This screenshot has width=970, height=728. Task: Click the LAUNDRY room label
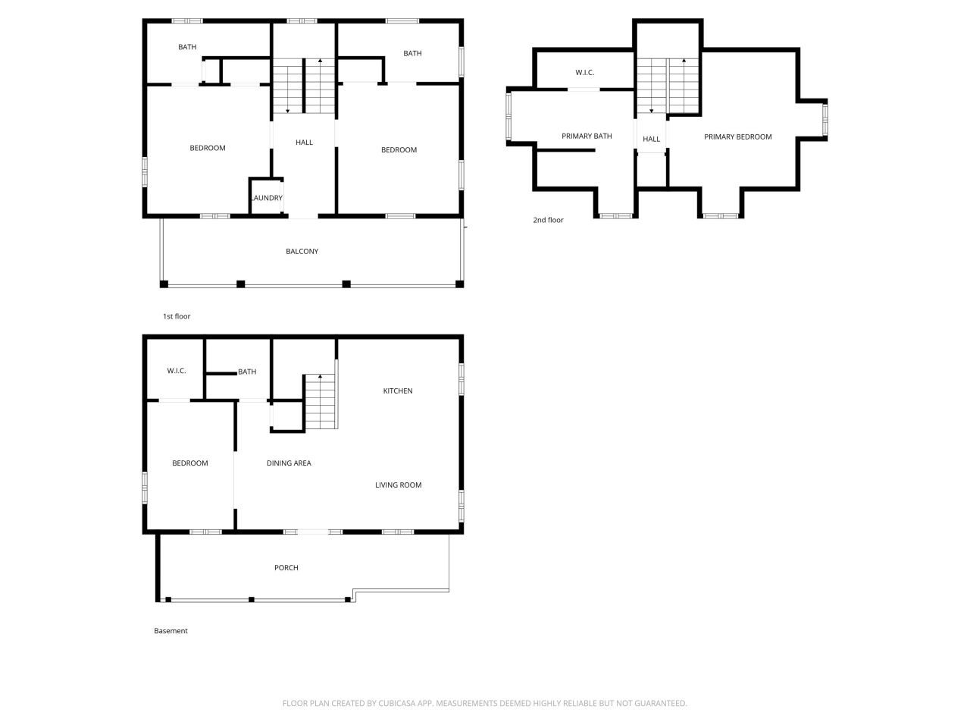[x=267, y=199]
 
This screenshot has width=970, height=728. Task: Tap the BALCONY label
[x=302, y=252]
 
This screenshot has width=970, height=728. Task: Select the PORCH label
[x=286, y=568]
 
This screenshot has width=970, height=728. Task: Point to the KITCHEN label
[x=398, y=391]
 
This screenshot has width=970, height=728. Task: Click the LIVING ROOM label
[x=399, y=485]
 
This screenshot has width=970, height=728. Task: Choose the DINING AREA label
[x=289, y=463]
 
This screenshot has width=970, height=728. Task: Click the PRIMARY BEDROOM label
[x=738, y=137]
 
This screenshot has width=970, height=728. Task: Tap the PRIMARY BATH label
[x=587, y=136]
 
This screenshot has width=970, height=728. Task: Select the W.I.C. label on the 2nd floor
[x=585, y=73]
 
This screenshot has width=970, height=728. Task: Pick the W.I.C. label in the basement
[x=177, y=371]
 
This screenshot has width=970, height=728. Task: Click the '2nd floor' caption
[x=548, y=221]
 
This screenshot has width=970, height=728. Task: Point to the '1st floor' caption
[x=177, y=317]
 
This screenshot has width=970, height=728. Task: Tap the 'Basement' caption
[x=171, y=631]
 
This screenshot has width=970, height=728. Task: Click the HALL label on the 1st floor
[x=304, y=143]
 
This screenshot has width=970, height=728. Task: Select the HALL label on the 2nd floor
[x=652, y=140]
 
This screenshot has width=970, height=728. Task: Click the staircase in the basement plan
[x=320, y=401]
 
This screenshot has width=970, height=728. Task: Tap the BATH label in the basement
[x=247, y=372]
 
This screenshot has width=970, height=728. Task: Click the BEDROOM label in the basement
[x=189, y=463]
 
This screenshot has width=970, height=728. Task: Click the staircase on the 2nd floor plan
[x=668, y=85]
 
